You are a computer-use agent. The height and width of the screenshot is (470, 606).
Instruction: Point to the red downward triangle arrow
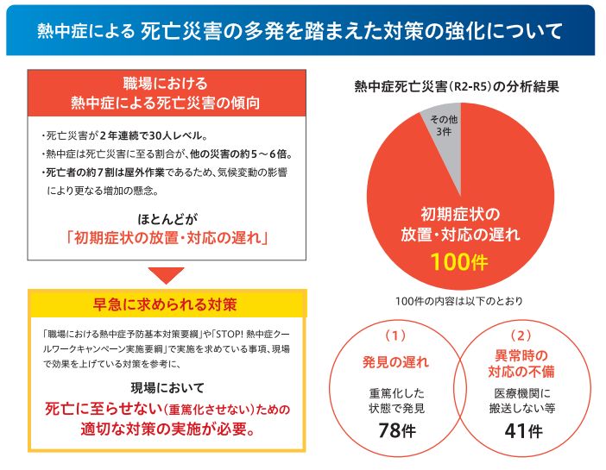click(x=166, y=276)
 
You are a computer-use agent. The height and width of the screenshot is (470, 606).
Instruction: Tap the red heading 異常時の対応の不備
click(x=521, y=361)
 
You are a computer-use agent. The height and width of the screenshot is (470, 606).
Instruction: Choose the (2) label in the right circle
click(x=522, y=333)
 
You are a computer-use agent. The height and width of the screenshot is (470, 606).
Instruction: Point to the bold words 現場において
click(x=166, y=385)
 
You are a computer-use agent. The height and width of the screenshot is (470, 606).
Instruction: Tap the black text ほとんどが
click(x=166, y=216)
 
